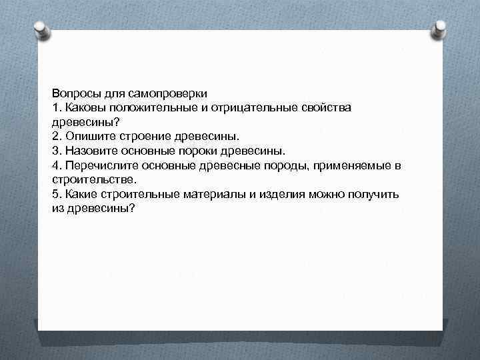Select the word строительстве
coord(93,179)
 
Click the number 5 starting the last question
coord(56,194)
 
